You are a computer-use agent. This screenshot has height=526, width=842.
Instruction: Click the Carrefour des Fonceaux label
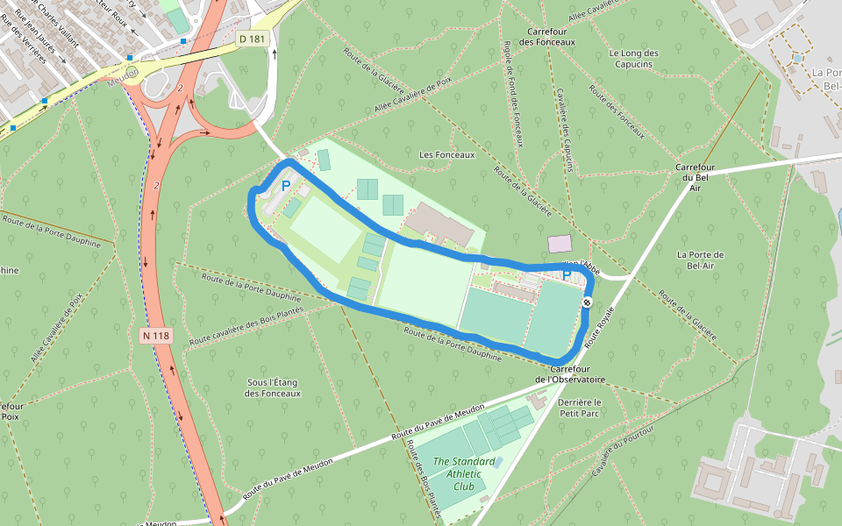pyautogui.click(x=546, y=36)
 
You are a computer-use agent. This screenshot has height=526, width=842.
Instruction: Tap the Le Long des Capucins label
pyautogui.click(x=633, y=59)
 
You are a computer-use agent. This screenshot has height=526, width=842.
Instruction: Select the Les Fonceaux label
pyautogui.click(x=446, y=154)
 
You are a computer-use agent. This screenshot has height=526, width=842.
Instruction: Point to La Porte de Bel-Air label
pyautogui.click(x=700, y=259)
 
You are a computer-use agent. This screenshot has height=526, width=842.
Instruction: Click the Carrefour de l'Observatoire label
pyautogui.click(x=570, y=374)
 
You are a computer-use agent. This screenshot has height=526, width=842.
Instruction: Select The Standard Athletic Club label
pyautogui.click(x=464, y=474)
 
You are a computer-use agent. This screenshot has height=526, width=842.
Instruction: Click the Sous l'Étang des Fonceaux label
pyautogui.click(x=274, y=387)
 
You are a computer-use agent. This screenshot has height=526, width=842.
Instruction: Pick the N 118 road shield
pyautogui.click(x=155, y=335)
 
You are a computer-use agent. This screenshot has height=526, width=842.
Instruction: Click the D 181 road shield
pyautogui.click(x=252, y=39)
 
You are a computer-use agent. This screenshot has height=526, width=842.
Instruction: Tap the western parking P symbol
pyautogui.click(x=285, y=186)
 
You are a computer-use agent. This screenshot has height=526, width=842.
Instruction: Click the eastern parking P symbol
pyautogui.click(x=567, y=275)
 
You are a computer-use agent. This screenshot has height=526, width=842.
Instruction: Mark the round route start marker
pyautogui.click(x=587, y=302)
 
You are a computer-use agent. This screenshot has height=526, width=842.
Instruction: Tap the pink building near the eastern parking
pyautogui.click(x=559, y=243)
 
